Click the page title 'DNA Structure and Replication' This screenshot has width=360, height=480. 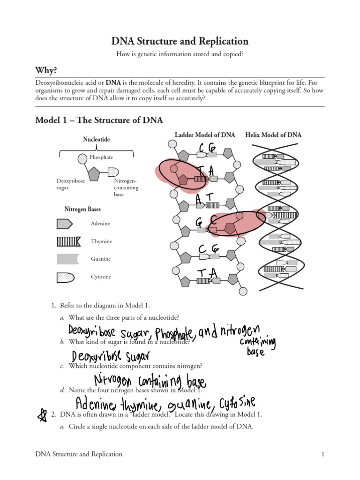coord(180,41)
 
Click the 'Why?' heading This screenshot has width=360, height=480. coord(46,70)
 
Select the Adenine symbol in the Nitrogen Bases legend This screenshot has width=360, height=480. coord(65,224)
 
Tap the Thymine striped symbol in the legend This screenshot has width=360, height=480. coord(68,241)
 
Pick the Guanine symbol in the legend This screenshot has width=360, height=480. coord(68,259)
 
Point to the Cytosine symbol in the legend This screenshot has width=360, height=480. coord(66,277)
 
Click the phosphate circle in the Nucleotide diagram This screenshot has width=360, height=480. coord(82,159)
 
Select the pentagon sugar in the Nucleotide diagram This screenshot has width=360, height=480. coord(94,174)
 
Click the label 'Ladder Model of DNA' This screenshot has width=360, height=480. coord(205,135)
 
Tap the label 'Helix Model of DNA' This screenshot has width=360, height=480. coord(273,135)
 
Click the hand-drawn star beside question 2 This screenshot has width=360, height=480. coord(42,415)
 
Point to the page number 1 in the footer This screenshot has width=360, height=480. coord(322,454)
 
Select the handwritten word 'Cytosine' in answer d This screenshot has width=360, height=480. coord(237,403)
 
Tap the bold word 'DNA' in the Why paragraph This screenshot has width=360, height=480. coord(113,82)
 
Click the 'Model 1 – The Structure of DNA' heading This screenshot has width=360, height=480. coord(99,120)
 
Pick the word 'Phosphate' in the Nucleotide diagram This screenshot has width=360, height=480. coord(101,157)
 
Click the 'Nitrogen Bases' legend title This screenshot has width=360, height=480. coord(82,209)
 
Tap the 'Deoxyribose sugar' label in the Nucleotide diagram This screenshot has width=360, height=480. coord(71,184)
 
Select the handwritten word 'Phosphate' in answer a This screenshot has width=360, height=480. coord(173,333)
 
